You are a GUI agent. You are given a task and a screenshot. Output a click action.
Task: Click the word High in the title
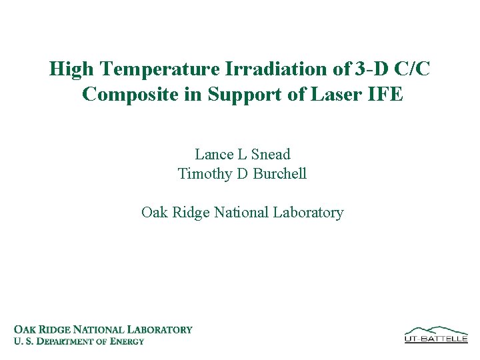(x=70, y=69)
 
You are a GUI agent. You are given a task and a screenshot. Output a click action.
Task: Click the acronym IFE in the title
(x=385, y=94)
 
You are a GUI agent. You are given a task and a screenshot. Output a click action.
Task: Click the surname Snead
(x=271, y=155)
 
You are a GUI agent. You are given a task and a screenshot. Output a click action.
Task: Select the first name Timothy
(x=205, y=174)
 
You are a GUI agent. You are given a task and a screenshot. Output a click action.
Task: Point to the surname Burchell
(x=279, y=174)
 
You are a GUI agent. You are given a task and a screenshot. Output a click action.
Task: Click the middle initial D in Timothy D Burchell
(x=243, y=174)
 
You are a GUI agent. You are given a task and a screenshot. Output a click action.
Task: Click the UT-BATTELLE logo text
(x=437, y=339)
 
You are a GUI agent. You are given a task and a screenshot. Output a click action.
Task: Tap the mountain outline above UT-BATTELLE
(x=437, y=330)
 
